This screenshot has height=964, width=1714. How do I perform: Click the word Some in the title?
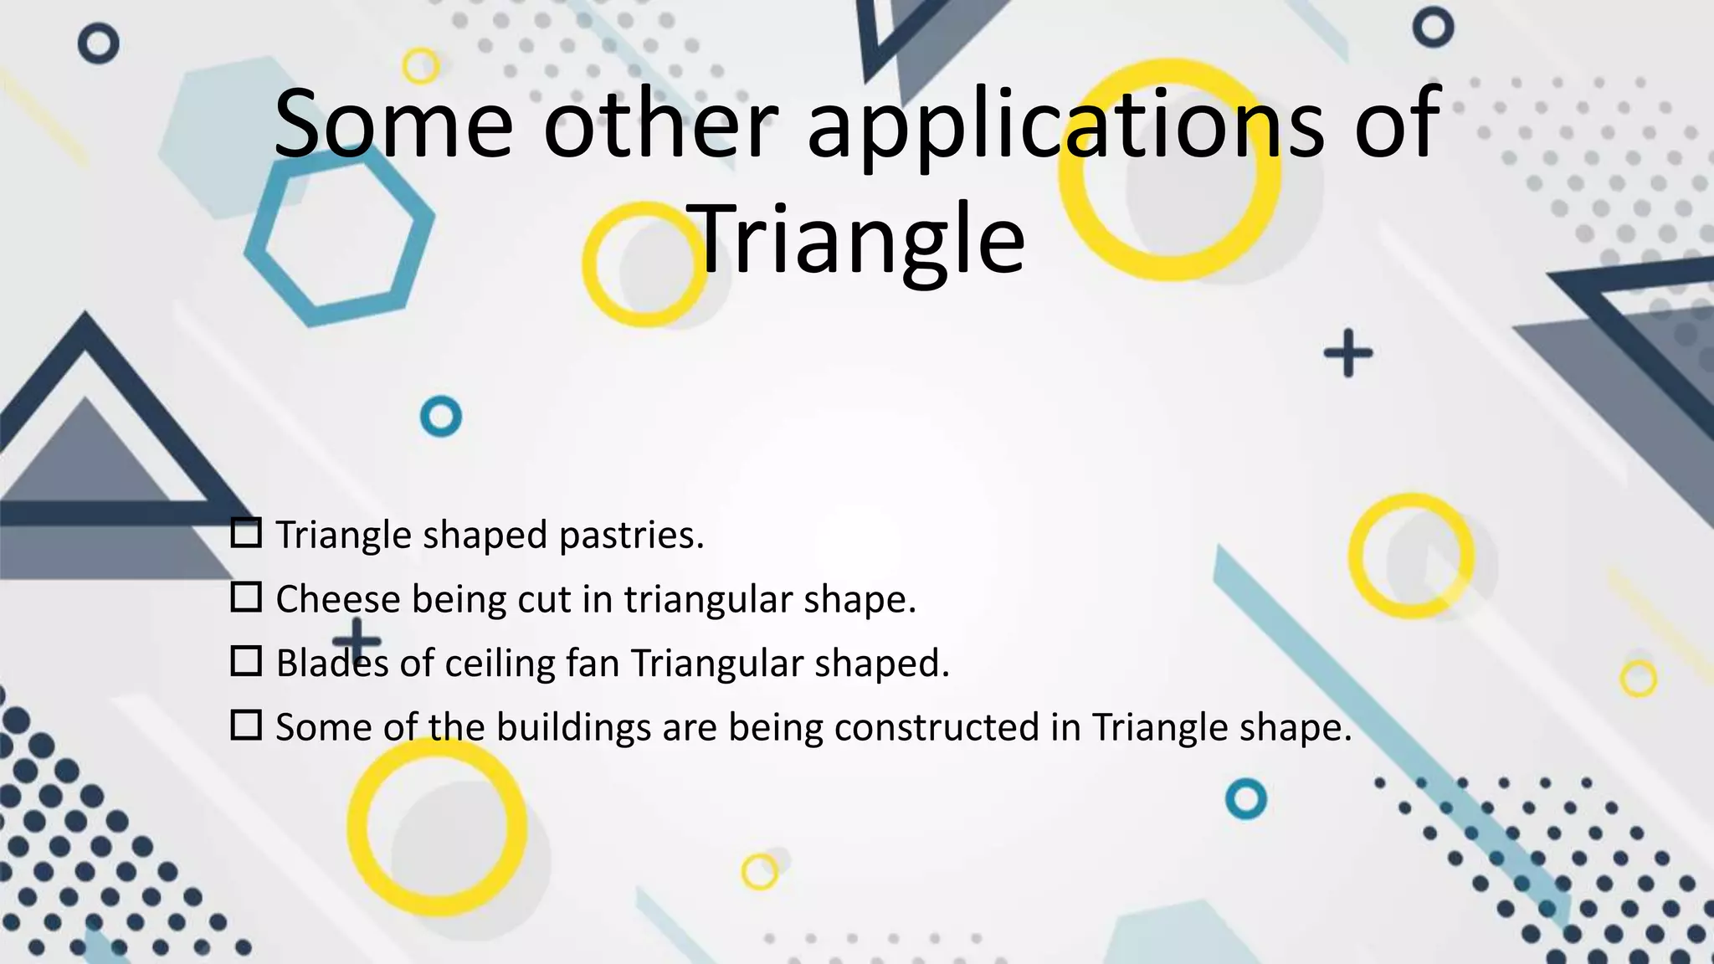tap(393, 124)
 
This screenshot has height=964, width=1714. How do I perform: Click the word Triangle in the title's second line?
tap(860, 240)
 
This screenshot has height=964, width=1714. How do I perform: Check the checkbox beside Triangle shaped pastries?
tap(246, 533)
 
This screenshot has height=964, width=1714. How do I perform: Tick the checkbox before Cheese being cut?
tap(246, 597)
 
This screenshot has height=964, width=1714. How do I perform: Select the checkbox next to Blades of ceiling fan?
tap(246, 661)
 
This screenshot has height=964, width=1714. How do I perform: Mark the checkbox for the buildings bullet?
tap(246, 725)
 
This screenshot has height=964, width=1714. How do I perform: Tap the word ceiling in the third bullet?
tap(499, 664)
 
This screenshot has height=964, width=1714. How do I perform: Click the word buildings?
tap(573, 727)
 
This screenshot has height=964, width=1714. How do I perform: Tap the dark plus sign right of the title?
tap(1347, 353)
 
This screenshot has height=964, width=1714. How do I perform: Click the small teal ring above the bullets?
tap(441, 416)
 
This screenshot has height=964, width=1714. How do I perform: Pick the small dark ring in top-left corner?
tap(99, 44)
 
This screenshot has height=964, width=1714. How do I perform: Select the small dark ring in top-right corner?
tap(1433, 28)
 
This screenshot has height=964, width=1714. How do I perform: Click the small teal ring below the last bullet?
tap(1245, 799)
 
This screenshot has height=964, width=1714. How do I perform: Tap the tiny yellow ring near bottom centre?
tap(759, 873)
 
